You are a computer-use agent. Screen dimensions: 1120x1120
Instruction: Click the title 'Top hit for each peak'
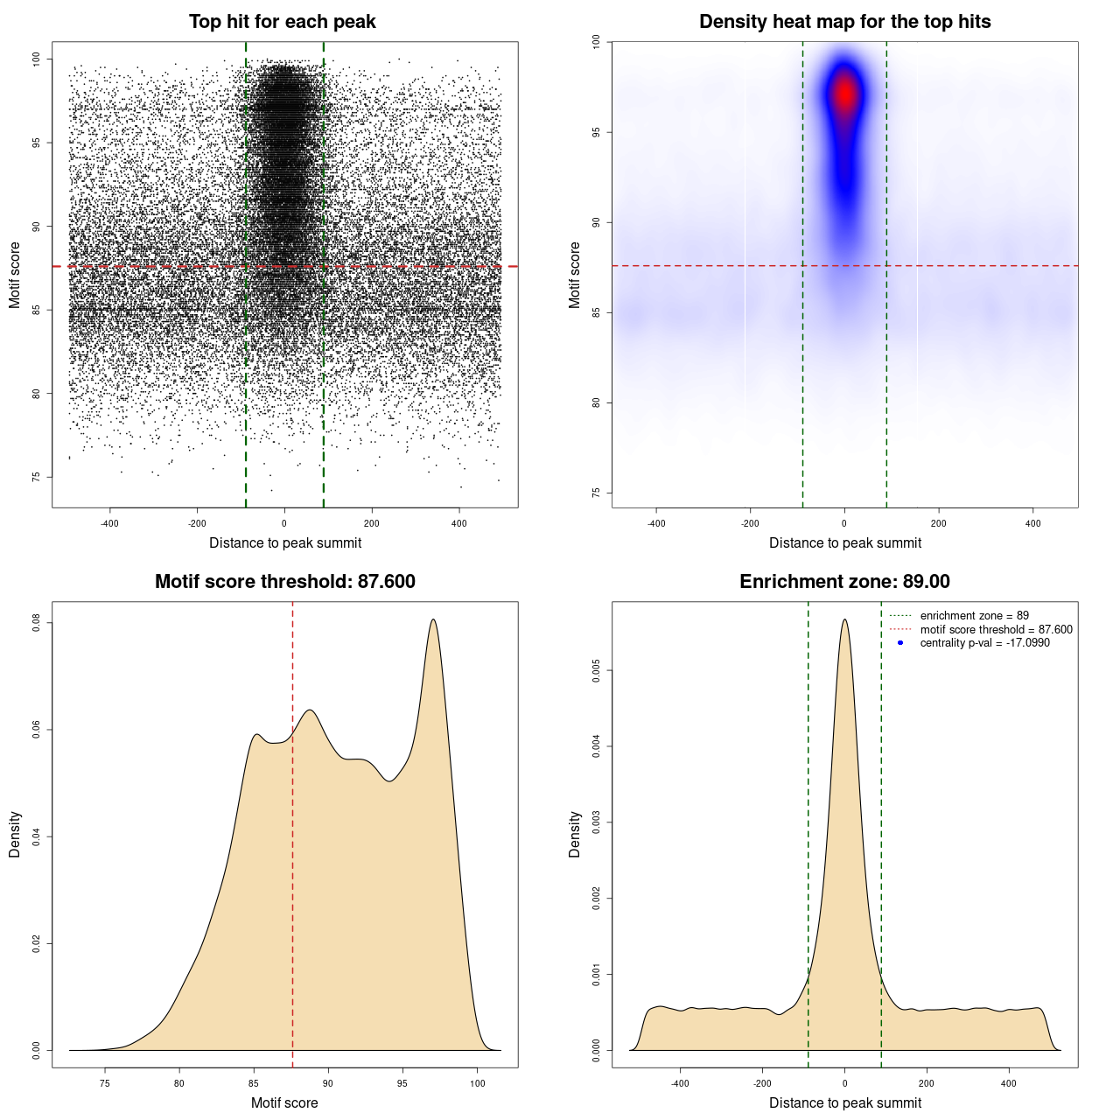(282, 22)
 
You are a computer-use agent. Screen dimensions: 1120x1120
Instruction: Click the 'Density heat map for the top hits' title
(844, 22)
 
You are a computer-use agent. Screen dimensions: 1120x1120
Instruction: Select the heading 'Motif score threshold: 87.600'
(284, 582)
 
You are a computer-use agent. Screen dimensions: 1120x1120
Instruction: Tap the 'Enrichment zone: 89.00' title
(844, 582)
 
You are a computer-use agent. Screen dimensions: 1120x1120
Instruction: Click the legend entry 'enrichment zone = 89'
(974, 616)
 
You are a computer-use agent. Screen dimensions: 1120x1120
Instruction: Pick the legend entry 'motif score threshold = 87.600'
(996, 630)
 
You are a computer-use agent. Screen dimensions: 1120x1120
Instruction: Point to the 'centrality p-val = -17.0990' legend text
(984, 643)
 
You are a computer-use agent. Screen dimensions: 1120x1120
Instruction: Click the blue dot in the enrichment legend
(900, 643)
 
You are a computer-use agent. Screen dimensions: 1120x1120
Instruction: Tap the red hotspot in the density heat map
(844, 93)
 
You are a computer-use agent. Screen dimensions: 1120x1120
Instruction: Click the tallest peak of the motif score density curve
(433, 619)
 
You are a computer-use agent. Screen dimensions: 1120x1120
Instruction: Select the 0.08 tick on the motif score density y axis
(37, 623)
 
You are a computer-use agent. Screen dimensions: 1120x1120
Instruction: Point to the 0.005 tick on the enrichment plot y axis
(597, 671)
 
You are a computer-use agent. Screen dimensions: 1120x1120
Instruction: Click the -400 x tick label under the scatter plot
(109, 524)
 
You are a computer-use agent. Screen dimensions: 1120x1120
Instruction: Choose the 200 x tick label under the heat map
(939, 524)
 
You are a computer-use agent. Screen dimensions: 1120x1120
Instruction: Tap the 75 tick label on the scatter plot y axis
(37, 477)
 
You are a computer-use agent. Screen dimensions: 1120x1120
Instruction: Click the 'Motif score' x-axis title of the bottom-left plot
(284, 1102)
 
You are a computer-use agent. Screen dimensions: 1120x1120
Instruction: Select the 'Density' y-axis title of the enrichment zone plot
(575, 834)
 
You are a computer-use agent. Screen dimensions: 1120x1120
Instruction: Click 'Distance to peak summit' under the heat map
(844, 543)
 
